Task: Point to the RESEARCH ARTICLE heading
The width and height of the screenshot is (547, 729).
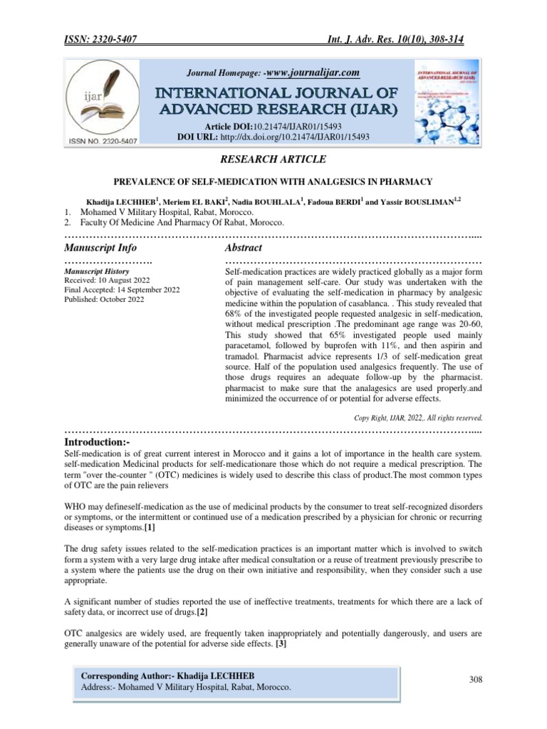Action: [x=274, y=159]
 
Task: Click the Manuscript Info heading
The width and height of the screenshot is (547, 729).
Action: [x=100, y=248]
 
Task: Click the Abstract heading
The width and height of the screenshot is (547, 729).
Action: [x=244, y=248]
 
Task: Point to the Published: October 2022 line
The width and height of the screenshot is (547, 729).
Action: [x=104, y=299]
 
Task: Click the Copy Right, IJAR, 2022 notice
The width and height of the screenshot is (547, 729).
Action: [x=419, y=417]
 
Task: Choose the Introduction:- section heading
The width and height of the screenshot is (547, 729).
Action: [x=98, y=444]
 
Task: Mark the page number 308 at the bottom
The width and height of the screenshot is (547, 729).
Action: [x=476, y=679]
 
